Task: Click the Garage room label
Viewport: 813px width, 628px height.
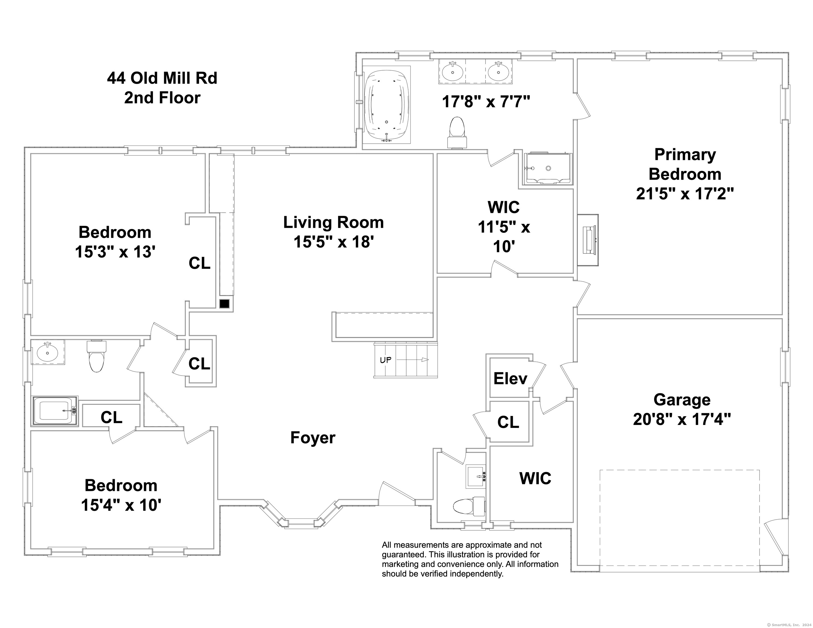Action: [x=682, y=400]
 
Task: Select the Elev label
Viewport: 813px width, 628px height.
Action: [x=510, y=379]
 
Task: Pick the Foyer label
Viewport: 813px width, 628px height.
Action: [x=313, y=438]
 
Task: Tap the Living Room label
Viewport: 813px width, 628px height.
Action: [x=333, y=223]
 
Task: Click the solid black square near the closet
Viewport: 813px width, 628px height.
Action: [x=224, y=304]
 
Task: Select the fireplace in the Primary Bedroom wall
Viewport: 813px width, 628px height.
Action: [x=588, y=240]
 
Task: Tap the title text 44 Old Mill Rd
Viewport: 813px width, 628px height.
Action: [x=162, y=78]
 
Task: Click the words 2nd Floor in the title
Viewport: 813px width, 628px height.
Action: [x=162, y=98]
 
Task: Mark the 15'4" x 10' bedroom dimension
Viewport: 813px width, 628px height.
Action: [x=121, y=505]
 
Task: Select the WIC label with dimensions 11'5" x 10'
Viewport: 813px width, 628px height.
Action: [x=504, y=227]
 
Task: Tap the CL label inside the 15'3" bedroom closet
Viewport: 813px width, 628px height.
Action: [x=200, y=263]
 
